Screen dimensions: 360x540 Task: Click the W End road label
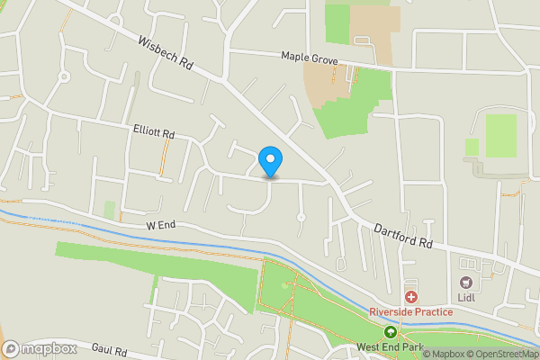coord(158,227)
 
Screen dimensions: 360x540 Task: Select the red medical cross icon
coord(411,297)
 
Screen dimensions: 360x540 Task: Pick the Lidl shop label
coord(466,280)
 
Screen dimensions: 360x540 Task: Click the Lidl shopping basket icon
coord(466,264)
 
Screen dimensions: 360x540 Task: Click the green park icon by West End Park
coord(391,332)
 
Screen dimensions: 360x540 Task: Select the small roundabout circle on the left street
coord(64,77)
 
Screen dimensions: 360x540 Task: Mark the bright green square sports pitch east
coord(501,136)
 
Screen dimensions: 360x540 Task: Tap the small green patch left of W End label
coord(110,210)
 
